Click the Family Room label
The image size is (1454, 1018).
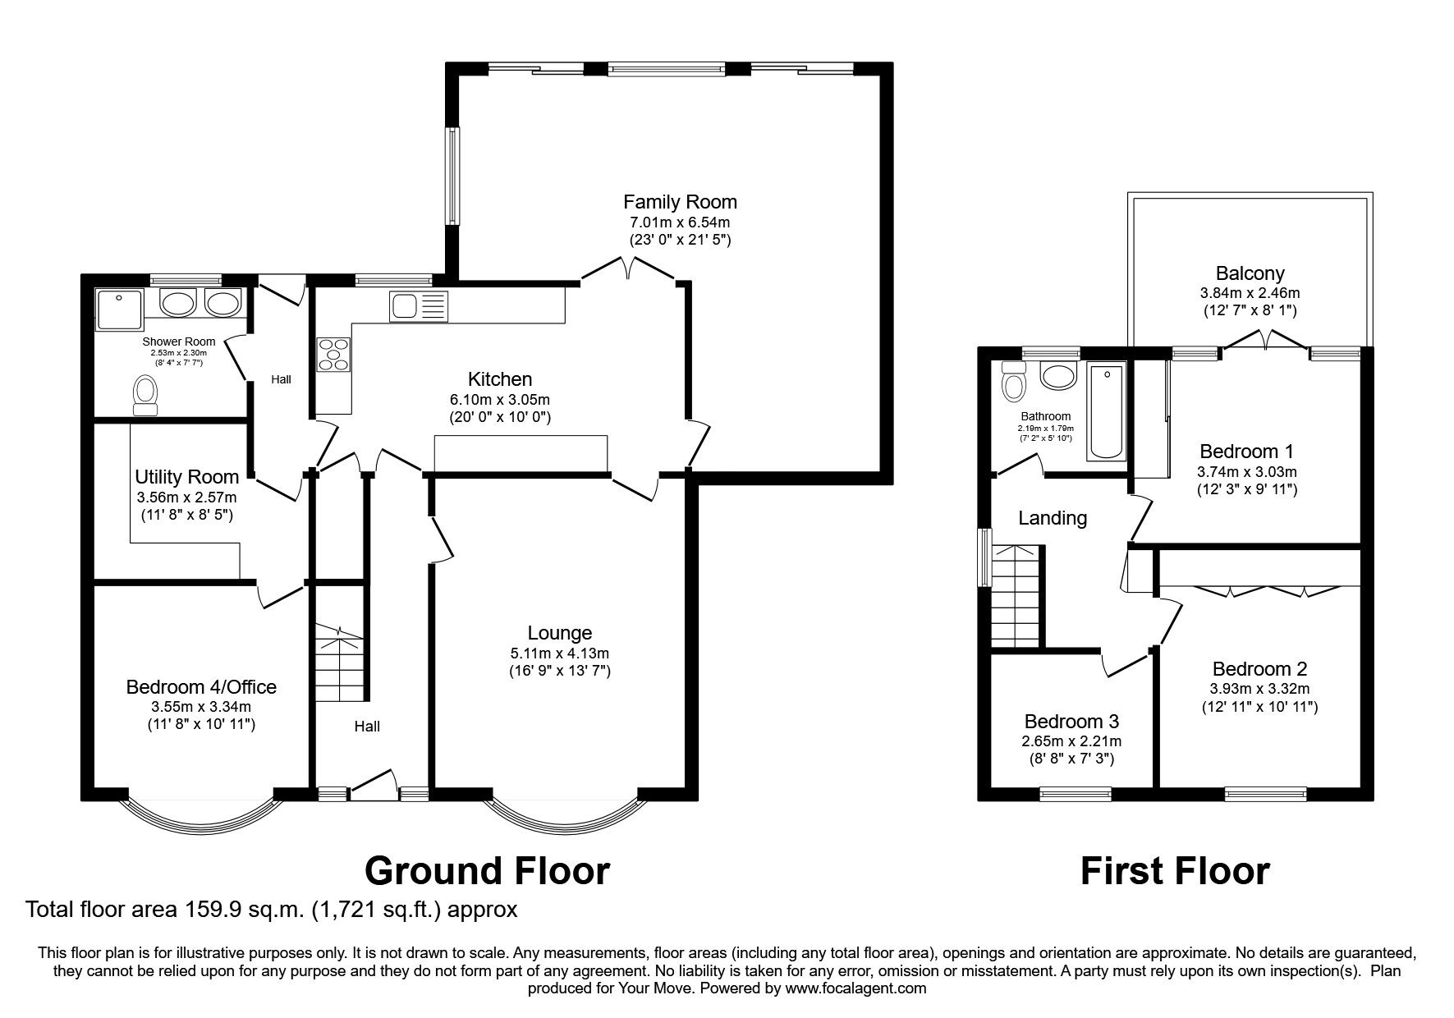click(680, 202)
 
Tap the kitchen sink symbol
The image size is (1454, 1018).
click(418, 306)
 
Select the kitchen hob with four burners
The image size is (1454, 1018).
click(333, 354)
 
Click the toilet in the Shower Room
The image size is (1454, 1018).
click(145, 395)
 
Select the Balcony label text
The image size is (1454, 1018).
click(1250, 273)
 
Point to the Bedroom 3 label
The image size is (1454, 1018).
click(1071, 722)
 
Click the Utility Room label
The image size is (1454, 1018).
click(186, 477)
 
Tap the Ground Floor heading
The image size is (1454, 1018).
click(487, 871)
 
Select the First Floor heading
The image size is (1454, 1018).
click(1174, 871)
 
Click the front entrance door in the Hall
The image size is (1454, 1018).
click(374, 784)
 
